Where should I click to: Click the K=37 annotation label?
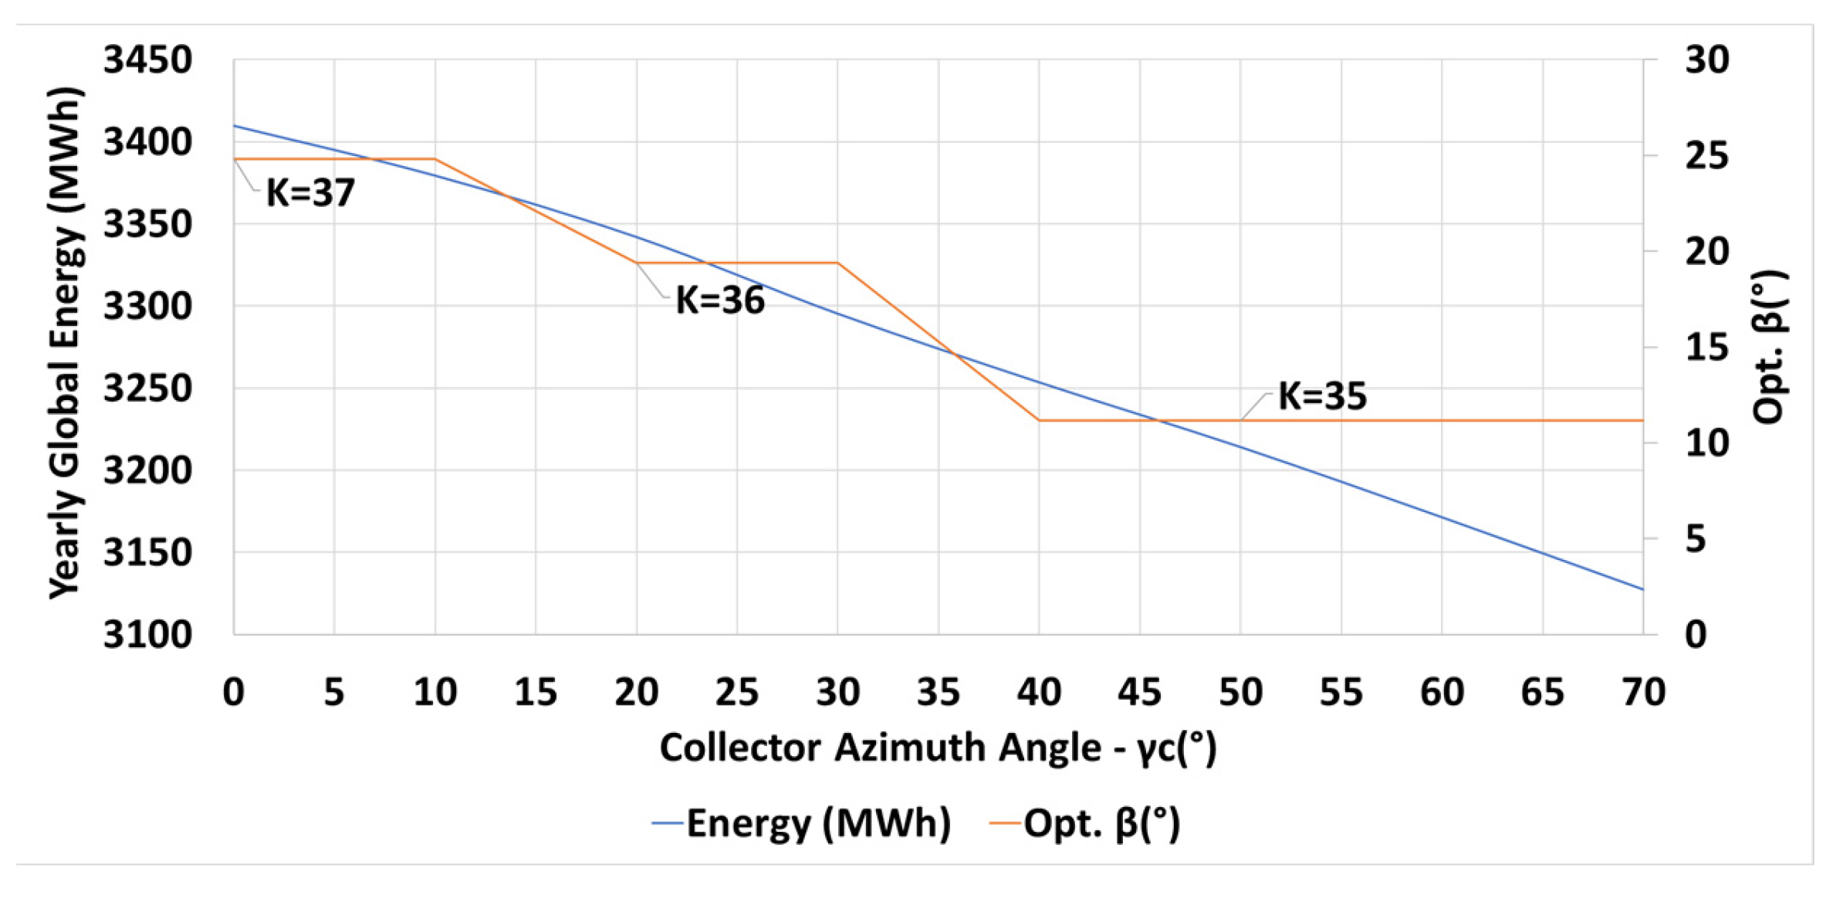(x=310, y=193)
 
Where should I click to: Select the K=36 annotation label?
(x=719, y=300)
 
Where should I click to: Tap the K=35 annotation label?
(x=1322, y=396)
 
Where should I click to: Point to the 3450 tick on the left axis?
(x=147, y=60)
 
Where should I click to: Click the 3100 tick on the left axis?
(x=147, y=635)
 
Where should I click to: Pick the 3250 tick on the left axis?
(x=147, y=388)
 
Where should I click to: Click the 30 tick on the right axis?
(x=1706, y=60)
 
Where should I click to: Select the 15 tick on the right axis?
(x=1706, y=348)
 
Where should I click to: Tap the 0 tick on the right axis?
(x=1696, y=635)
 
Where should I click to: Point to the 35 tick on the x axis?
(x=938, y=692)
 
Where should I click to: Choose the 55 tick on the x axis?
(x=1341, y=692)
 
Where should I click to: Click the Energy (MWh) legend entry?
(x=803, y=823)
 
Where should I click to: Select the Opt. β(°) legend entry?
(x=1086, y=823)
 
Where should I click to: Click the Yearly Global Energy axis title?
(x=65, y=344)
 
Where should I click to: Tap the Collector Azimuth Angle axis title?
(x=938, y=748)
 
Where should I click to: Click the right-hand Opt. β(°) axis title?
(x=1770, y=348)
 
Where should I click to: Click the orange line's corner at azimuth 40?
(x=1040, y=421)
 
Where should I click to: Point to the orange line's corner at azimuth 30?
(x=838, y=263)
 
